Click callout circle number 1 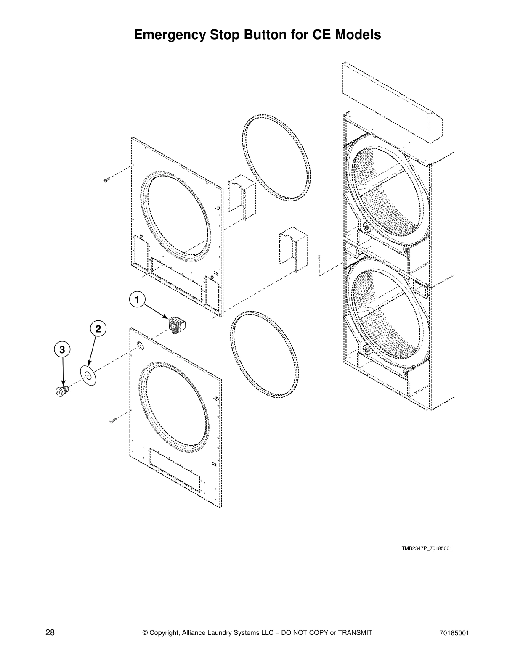136,300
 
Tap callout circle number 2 98,328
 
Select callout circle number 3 62,349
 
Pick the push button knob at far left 62,391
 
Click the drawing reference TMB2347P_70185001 427,548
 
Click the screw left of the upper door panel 106,180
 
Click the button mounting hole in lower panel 140,346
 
